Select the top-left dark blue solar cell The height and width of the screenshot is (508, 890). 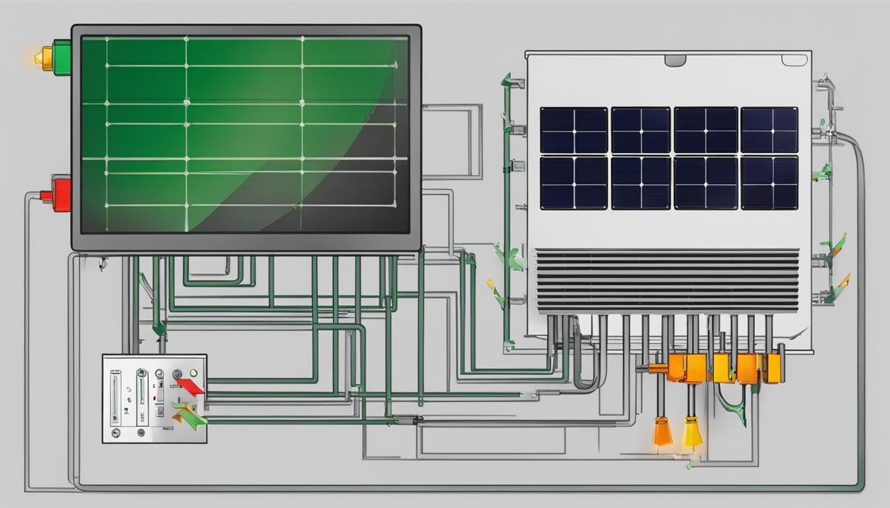click(x=573, y=130)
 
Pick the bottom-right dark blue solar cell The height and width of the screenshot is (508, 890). click(x=769, y=183)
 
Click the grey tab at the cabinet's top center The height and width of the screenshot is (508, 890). click(x=675, y=61)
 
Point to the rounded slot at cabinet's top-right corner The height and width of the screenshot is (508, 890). click(x=794, y=60)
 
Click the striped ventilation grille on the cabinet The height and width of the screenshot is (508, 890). click(x=667, y=281)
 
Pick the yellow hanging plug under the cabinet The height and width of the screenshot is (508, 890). click(x=692, y=433)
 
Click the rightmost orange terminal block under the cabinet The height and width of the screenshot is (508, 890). click(x=772, y=368)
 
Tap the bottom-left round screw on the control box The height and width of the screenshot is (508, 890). click(x=116, y=433)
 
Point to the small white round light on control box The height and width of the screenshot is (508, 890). click(x=177, y=375)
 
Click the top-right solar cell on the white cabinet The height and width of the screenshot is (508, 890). click(x=769, y=130)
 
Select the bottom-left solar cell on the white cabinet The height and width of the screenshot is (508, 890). click(x=573, y=183)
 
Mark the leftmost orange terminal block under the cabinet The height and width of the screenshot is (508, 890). click(x=677, y=367)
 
